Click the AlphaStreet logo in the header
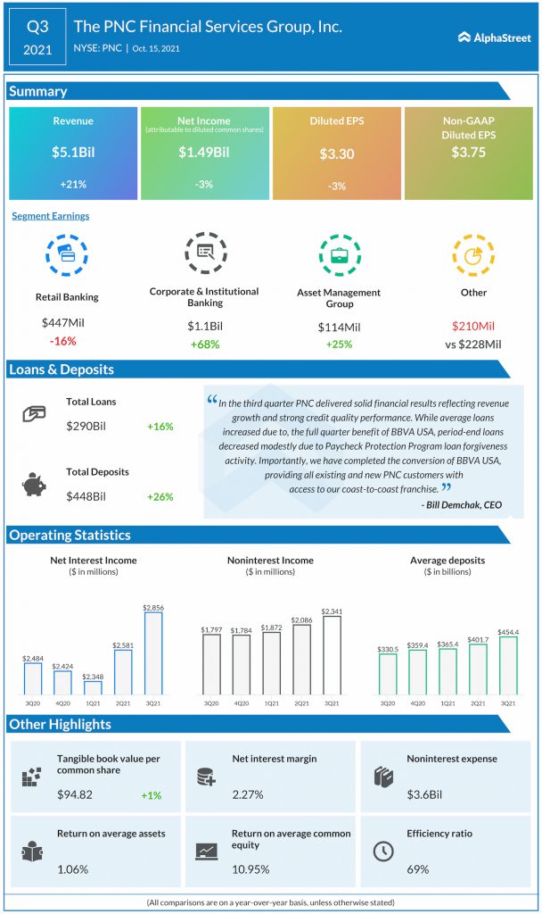(x=494, y=37)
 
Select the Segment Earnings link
(x=51, y=216)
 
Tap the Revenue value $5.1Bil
(x=73, y=152)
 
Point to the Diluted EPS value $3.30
(x=336, y=154)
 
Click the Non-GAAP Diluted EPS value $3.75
(x=468, y=152)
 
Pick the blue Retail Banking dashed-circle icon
(x=67, y=254)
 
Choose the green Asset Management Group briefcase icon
(x=340, y=254)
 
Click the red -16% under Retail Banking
(x=63, y=341)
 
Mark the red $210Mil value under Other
(x=473, y=326)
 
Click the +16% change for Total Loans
(x=160, y=427)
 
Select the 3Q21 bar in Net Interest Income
(x=153, y=652)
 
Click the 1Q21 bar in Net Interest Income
(x=93, y=688)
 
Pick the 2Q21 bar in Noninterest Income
(x=301, y=660)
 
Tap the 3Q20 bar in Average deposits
(x=388, y=674)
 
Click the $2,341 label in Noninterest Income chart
(x=332, y=611)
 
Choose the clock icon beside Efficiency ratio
(x=383, y=851)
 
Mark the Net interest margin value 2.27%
(x=248, y=794)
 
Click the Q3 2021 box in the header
(x=37, y=37)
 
